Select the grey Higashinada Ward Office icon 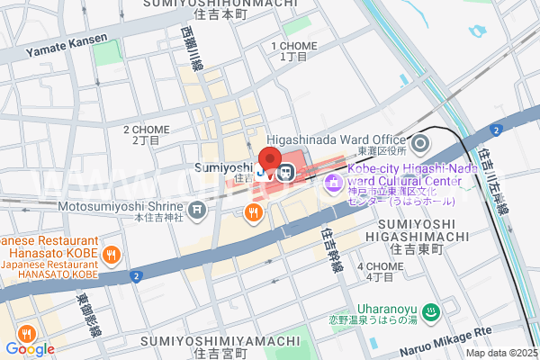[419, 142]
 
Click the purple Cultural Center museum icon [331, 184]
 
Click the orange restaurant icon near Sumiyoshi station [254, 212]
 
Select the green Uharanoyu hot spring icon [431, 313]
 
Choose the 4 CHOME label [379, 266]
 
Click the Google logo [30, 348]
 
